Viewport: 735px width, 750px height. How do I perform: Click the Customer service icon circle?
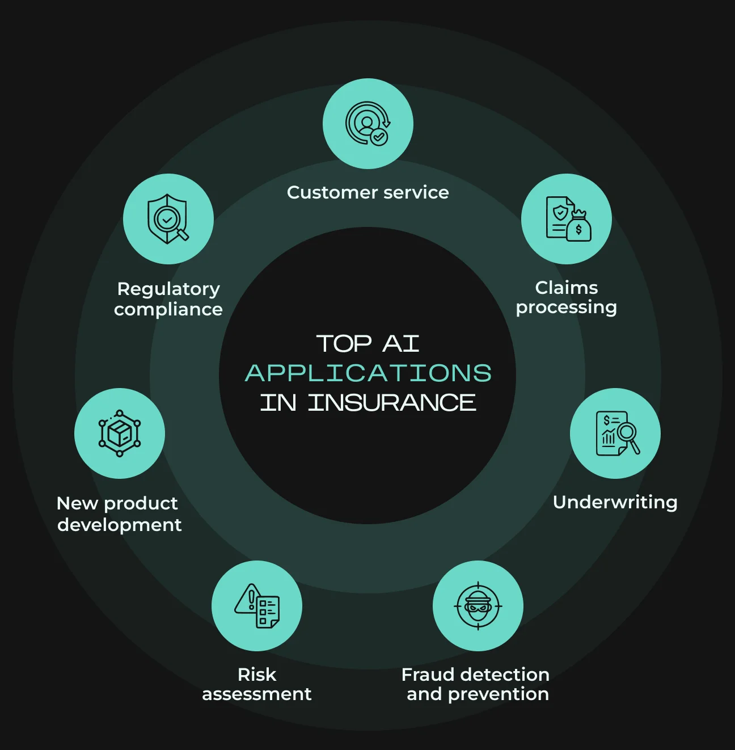[367, 124]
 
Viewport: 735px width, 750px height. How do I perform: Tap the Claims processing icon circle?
[567, 219]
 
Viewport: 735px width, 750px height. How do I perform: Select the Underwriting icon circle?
[615, 433]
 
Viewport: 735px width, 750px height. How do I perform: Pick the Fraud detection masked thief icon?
[478, 606]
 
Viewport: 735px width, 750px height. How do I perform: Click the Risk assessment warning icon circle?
[257, 606]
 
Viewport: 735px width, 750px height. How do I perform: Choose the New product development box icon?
[120, 433]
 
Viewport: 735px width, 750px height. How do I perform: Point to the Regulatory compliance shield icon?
[168, 219]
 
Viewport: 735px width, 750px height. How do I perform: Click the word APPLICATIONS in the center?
[368, 373]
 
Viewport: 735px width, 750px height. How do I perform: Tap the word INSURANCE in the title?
[392, 402]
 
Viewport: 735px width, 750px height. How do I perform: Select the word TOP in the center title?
[344, 344]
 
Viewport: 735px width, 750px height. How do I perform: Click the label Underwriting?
[615, 502]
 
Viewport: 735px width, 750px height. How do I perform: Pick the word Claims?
[567, 288]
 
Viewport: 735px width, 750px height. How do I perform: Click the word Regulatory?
[168, 289]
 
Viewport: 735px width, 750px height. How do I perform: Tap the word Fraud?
[428, 675]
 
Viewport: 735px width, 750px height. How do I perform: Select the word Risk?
[257, 675]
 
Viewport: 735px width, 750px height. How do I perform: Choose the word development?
[120, 525]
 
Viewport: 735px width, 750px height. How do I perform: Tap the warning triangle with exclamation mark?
[248, 599]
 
